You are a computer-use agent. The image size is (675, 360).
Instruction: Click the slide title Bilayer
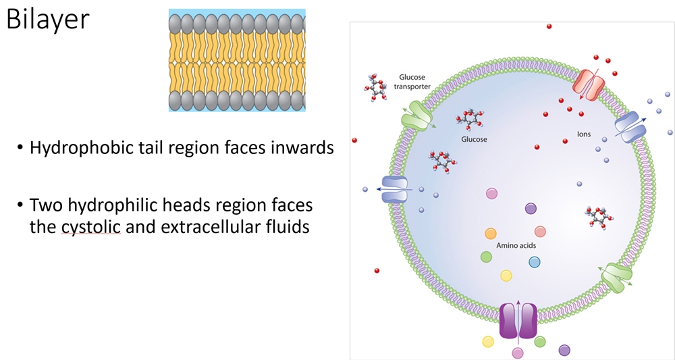(47, 20)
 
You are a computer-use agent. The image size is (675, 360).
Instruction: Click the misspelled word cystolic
(90, 227)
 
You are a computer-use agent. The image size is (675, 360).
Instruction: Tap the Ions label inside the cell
(584, 134)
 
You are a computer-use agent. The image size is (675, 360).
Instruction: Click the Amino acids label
(516, 246)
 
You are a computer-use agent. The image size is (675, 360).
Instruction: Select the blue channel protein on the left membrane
(396, 189)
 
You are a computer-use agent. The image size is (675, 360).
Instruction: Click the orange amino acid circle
(491, 234)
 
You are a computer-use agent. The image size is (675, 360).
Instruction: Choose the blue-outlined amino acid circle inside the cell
(535, 262)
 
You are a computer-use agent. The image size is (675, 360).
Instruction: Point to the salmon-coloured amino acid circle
(540, 232)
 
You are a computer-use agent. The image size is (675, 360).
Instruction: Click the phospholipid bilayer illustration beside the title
(236, 60)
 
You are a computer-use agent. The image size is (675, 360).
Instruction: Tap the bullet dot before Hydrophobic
(21, 148)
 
